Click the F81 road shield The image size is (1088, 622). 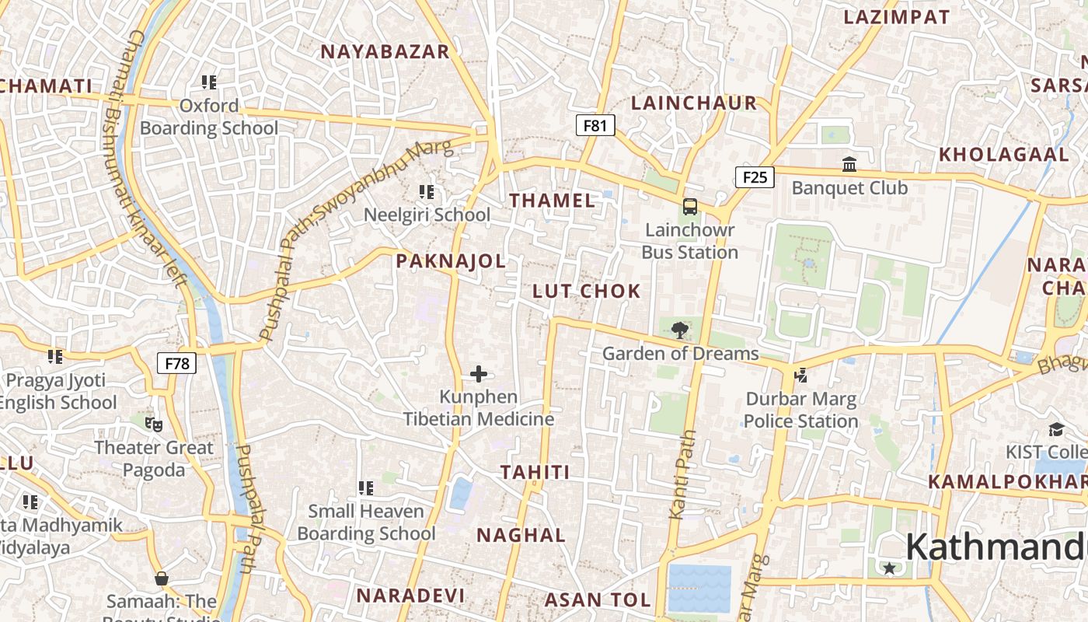tap(595, 125)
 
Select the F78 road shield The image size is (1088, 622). tap(177, 363)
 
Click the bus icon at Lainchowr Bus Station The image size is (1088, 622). tap(690, 207)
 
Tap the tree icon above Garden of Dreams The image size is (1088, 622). tap(680, 330)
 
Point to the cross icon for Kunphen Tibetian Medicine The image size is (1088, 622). tap(479, 375)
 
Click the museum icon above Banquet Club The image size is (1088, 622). tap(849, 165)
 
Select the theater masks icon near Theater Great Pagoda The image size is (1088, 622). tap(154, 425)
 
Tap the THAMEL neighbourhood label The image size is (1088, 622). tap(553, 201)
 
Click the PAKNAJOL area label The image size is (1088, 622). tap(451, 261)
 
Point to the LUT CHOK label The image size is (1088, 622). tap(587, 292)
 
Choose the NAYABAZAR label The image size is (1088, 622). tap(385, 52)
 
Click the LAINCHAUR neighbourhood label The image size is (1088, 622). tap(694, 103)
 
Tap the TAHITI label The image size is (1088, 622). tap(535, 472)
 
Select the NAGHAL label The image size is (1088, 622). tap(521, 535)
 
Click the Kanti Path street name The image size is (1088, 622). tap(680, 475)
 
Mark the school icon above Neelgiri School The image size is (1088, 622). tap(427, 191)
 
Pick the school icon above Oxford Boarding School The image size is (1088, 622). tap(209, 82)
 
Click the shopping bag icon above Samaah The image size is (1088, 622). tap(162, 578)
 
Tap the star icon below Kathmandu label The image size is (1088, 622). tap(889, 568)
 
